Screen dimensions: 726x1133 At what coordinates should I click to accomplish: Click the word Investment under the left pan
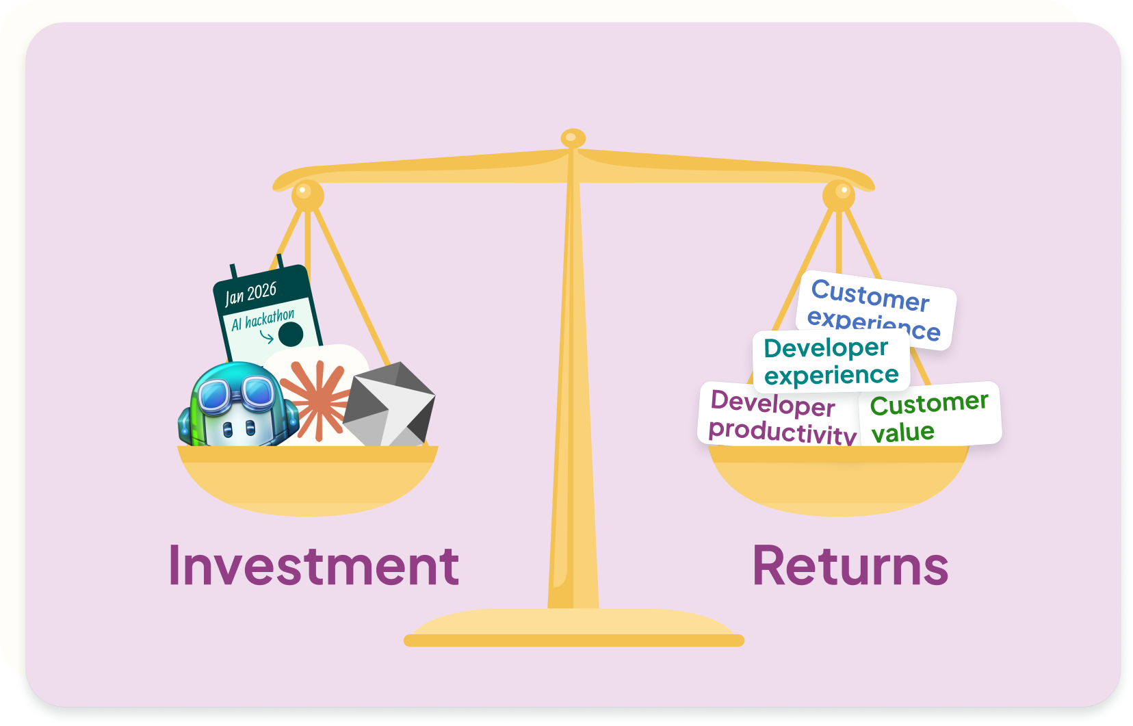click(x=313, y=566)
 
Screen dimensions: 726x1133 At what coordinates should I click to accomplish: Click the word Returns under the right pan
click(x=850, y=566)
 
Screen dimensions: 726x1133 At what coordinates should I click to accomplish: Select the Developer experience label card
click(x=831, y=361)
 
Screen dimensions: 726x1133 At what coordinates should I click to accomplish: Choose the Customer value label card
click(x=929, y=416)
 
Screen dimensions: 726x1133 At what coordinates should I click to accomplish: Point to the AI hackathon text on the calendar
click(x=263, y=320)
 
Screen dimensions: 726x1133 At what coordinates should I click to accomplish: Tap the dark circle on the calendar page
click(x=291, y=335)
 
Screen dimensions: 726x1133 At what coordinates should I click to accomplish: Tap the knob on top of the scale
click(x=573, y=139)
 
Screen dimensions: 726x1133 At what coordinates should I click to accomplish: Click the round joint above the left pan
click(x=307, y=194)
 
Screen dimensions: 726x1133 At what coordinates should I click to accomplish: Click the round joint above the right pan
click(x=839, y=194)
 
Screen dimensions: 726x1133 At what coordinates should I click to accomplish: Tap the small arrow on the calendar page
click(x=267, y=336)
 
